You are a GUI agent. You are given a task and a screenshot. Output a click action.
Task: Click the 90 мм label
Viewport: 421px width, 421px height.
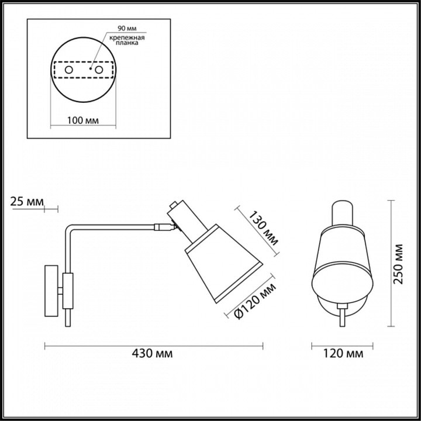127,28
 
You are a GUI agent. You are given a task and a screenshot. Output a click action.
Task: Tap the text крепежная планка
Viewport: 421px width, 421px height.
127,40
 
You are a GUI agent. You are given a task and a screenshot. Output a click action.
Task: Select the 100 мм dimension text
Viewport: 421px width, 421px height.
82,120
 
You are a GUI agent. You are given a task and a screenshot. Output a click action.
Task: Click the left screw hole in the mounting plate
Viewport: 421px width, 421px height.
69,70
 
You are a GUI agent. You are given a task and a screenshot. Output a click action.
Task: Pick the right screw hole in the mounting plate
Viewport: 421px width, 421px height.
99,70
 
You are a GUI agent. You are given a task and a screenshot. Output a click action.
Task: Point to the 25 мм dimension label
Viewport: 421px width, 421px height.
27,201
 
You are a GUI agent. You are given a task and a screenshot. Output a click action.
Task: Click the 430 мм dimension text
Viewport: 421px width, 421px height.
152,353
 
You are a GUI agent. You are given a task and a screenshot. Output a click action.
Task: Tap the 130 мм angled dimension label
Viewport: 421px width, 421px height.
263,229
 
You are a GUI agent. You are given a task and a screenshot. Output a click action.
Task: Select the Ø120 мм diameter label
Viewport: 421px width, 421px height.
254,301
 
